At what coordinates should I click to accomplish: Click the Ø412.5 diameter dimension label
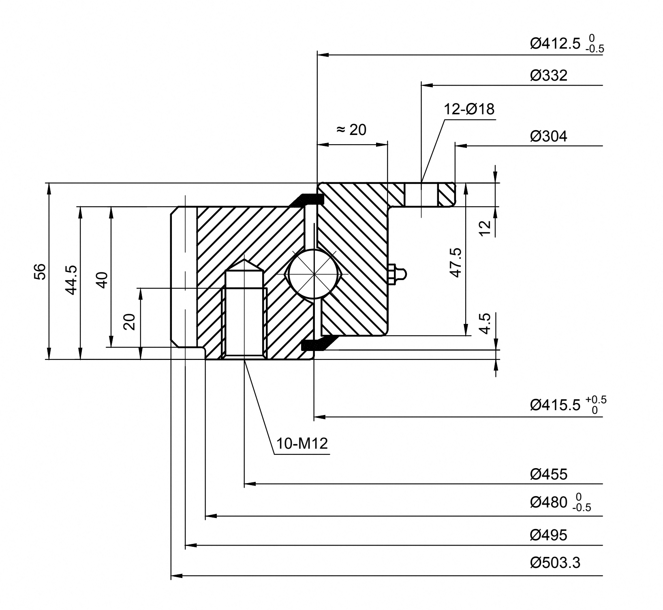click(x=567, y=44)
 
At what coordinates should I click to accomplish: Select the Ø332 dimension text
click(x=549, y=76)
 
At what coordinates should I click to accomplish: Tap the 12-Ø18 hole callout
click(x=469, y=109)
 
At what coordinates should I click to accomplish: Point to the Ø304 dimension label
click(x=549, y=136)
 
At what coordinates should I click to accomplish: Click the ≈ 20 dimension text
click(x=351, y=130)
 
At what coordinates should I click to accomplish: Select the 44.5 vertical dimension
click(x=71, y=280)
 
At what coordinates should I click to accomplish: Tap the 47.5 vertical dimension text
click(x=456, y=263)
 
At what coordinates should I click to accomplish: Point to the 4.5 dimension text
click(x=485, y=323)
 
